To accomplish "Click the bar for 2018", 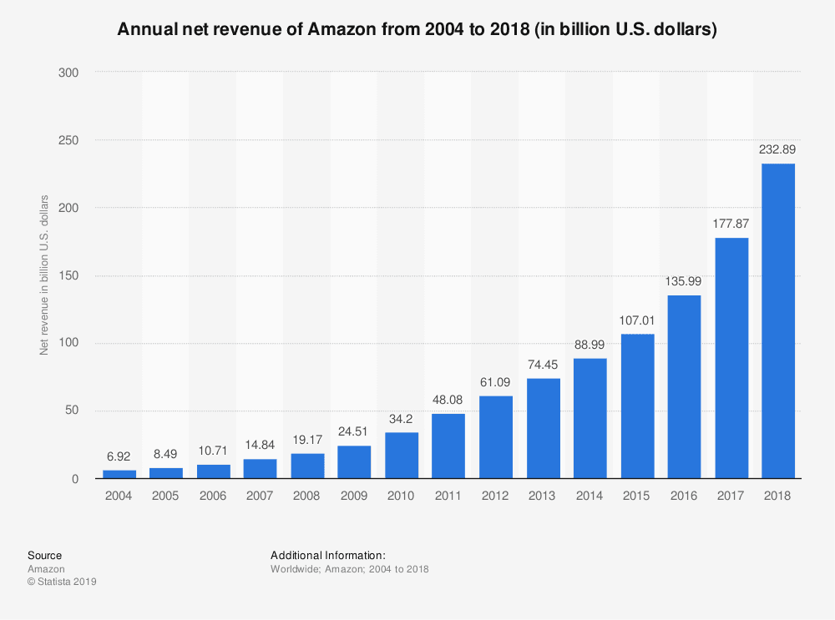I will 778,321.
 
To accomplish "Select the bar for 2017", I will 731,358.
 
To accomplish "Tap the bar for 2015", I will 637,406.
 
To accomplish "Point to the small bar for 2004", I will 119,474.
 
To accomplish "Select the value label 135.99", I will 684,281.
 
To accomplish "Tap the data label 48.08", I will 448,400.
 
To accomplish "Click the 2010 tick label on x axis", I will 402,496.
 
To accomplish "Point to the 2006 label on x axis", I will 213,496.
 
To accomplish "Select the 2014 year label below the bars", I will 590,496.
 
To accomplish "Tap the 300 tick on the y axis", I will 68,73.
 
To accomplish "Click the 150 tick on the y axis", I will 68,275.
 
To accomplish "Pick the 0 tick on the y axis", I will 74,479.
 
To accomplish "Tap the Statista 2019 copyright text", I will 62,582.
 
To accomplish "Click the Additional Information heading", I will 327,555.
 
